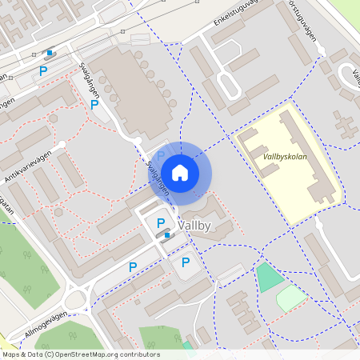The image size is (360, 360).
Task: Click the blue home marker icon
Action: tap(180, 173)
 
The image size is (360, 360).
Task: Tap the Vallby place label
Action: tap(196, 226)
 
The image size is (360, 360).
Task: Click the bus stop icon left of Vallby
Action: tap(166, 234)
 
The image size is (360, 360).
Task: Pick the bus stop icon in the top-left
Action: tap(50, 54)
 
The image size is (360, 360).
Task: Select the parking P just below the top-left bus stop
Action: tap(43, 71)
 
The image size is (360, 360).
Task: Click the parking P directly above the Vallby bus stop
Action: tap(160, 222)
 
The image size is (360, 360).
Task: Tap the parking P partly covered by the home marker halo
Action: tap(160, 155)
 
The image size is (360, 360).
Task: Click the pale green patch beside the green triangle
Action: tap(292, 298)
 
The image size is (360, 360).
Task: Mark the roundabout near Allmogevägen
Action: tap(76, 301)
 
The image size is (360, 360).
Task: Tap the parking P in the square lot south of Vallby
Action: tap(186, 262)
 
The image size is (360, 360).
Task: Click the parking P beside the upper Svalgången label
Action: tap(94, 104)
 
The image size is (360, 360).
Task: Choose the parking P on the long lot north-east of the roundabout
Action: tap(133, 266)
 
